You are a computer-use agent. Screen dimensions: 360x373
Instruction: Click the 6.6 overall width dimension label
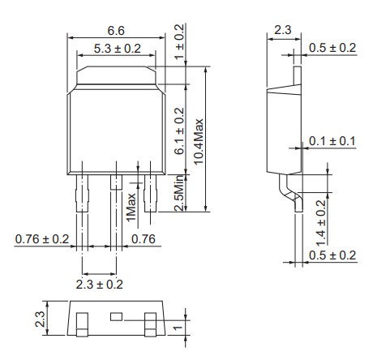(115, 30)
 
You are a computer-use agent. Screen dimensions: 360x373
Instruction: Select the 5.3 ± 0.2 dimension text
(115, 49)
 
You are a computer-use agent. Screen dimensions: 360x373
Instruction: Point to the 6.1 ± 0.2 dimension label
(180, 130)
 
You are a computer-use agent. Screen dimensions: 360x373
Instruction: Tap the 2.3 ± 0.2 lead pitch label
(99, 284)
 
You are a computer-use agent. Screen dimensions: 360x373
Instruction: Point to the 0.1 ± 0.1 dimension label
(332, 142)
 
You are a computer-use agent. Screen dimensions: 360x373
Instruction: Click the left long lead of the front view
(81, 195)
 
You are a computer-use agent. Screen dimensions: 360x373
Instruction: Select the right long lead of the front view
(148, 195)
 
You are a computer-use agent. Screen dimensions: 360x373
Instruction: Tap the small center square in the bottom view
(115, 315)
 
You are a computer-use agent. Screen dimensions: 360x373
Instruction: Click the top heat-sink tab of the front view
(114, 79)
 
